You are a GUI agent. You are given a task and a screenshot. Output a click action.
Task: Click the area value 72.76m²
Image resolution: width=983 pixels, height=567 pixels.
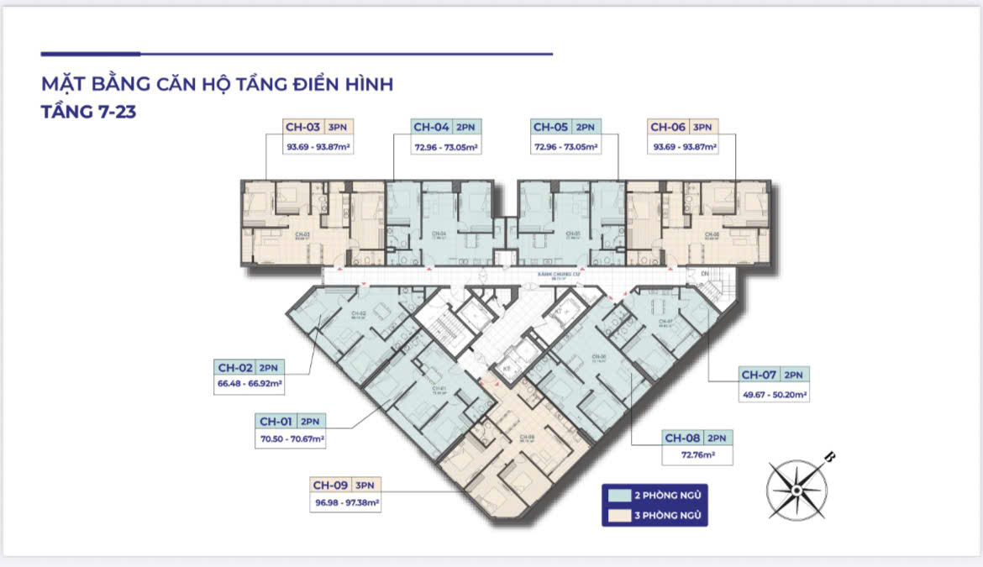pos(697,454)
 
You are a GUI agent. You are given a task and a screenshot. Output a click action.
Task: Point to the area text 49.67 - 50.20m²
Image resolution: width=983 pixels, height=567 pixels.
pos(774,392)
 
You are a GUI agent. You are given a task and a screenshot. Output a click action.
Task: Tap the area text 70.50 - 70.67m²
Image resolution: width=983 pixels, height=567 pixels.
pos(292,438)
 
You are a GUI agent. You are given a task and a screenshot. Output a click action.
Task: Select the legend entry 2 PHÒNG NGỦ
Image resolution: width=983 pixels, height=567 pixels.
pos(655,494)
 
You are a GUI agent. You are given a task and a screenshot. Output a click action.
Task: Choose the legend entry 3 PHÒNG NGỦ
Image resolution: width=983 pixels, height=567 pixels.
pos(655,515)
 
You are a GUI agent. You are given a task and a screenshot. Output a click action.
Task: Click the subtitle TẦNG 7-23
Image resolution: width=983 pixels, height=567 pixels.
pos(88,110)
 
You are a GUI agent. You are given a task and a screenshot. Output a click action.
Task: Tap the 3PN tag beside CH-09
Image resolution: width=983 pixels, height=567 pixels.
pos(365,485)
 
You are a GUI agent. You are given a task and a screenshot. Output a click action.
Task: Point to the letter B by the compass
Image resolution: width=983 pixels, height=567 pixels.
pos(830,457)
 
